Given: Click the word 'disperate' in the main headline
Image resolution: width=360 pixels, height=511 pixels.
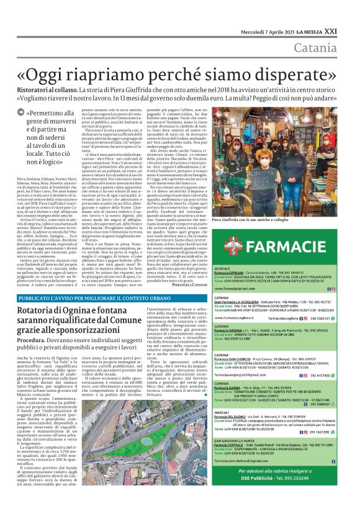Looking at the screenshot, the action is (x=288, y=73).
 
